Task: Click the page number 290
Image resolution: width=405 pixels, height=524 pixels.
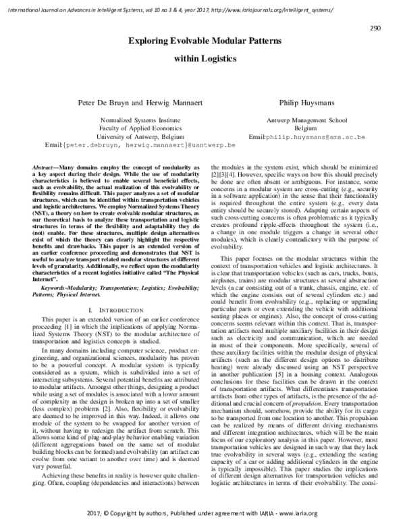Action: (378, 28)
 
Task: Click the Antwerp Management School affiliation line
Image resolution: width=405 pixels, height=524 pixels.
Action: (306, 117)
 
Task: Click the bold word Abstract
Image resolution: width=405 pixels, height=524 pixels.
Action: (44, 166)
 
